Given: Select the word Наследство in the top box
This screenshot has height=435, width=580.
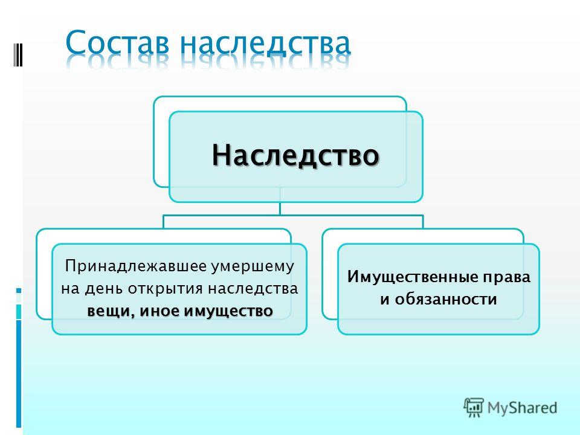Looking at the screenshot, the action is click(295, 155).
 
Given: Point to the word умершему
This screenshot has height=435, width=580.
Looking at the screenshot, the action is click(253, 267).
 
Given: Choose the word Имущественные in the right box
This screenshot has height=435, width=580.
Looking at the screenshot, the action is click(411, 277).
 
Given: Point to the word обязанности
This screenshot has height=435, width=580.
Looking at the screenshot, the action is click(446, 299).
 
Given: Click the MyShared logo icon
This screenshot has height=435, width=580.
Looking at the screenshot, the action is click(474, 408).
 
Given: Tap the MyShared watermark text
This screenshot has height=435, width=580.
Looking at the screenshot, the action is click(522, 408).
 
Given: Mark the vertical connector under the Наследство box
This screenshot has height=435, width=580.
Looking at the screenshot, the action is click(280, 208).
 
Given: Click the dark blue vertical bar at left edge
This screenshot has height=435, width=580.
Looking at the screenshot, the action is click(19, 373).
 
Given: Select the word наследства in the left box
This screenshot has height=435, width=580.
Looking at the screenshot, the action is click(253, 289).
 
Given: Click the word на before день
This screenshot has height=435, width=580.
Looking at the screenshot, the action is click(71, 289).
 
